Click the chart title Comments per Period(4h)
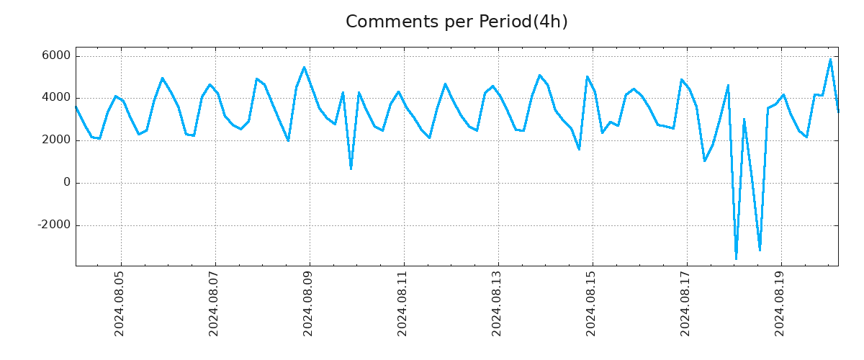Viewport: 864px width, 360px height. point(456,22)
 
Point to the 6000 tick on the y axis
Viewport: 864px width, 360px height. point(56,56)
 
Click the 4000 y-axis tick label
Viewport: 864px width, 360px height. point(56,98)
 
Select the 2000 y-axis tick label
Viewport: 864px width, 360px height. point(56,140)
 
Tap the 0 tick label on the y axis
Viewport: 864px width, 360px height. point(67,183)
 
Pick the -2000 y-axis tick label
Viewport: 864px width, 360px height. point(54,225)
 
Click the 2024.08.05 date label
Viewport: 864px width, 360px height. point(120,304)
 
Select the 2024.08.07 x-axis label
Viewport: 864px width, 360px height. point(215,304)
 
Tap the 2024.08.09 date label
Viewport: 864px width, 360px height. point(309,304)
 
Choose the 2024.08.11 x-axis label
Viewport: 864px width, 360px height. point(403,304)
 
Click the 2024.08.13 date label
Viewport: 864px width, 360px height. point(498,304)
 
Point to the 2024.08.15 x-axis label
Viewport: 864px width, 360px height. point(592,304)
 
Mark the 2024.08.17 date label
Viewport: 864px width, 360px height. point(686,304)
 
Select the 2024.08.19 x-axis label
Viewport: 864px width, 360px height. point(780,304)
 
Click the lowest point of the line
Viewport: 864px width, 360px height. point(736,258)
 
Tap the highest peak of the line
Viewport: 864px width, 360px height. point(830,59)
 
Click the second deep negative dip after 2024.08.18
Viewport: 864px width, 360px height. point(760,250)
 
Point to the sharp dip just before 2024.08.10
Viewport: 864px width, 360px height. point(351,168)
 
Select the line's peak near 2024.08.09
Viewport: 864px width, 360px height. point(304,67)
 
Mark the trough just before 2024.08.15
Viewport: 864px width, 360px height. point(579,149)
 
